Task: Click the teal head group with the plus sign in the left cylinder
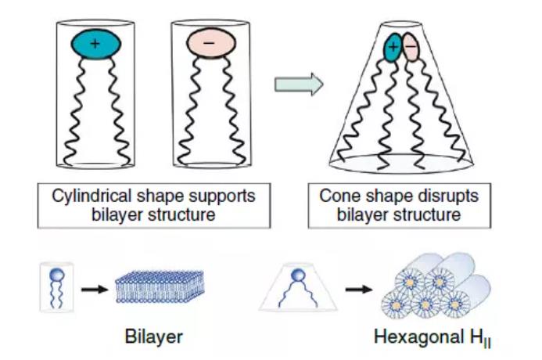click(95, 44)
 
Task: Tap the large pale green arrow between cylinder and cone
click(299, 85)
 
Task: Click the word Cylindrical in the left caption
click(95, 195)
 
